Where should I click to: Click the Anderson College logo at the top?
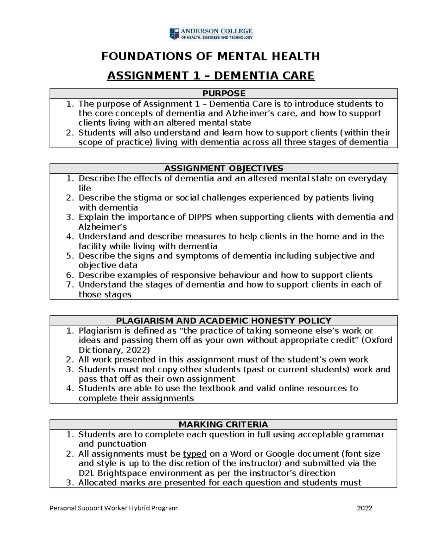click(211, 33)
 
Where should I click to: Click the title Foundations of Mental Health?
click(211, 56)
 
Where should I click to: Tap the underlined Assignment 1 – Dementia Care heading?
click(211, 76)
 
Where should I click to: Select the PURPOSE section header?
click(224, 94)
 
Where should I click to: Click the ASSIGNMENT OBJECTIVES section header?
click(224, 168)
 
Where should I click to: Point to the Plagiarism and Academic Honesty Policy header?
click(224, 321)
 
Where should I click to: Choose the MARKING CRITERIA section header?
click(224, 424)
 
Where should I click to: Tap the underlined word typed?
click(194, 454)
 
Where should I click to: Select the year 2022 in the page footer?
click(364, 508)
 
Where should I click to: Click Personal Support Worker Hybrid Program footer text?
click(114, 508)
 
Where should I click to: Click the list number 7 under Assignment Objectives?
click(70, 284)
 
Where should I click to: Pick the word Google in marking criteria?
click(280, 454)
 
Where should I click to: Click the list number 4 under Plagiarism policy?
click(70, 388)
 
